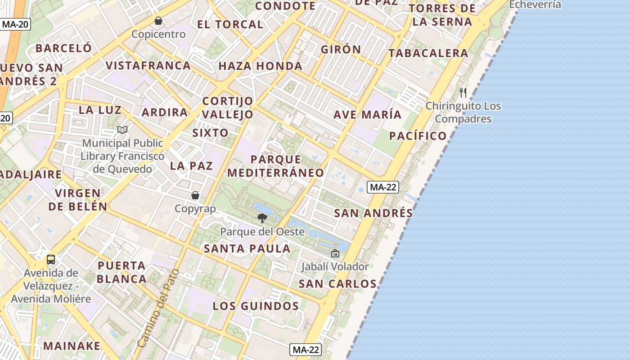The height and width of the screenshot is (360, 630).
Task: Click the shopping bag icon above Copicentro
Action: (158, 21)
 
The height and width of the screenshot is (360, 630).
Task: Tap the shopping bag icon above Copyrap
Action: (195, 195)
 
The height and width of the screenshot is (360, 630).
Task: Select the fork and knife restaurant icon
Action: (463, 93)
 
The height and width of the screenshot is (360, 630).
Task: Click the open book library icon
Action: (122, 130)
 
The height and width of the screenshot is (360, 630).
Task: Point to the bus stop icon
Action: (51, 260)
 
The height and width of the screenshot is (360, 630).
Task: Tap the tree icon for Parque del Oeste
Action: (262, 219)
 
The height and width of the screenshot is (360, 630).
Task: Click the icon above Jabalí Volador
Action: (335, 253)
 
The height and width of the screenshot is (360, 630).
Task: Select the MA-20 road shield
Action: (15, 24)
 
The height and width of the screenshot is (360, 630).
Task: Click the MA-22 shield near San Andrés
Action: (382, 187)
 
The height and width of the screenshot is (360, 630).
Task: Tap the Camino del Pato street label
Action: (158, 308)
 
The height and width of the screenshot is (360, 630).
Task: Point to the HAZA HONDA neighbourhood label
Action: (260, 66)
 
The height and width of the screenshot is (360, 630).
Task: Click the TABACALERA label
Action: (428, 53)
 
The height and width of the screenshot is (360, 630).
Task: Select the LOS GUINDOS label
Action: (256, 306)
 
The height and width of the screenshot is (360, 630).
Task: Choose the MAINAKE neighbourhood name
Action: (72, 346)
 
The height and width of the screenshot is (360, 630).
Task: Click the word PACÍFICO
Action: (418, 136)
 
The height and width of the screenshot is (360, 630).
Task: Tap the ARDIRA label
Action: (165, 112)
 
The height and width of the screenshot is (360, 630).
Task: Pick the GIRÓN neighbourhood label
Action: (341, 49)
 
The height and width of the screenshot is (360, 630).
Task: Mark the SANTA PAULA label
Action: (247, 248)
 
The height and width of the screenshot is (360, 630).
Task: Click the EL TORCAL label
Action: (230, 24)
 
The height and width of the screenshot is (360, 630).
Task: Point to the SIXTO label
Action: (211, 133)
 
